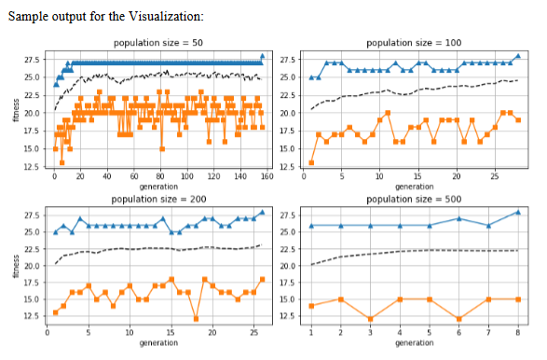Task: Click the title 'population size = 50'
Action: [x=159, y=43]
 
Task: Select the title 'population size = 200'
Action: [x=159, y=199]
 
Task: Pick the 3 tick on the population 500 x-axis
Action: [x=370, y=331]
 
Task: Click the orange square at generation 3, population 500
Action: [x=370, y=319]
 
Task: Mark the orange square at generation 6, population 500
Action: [x=458, y=319]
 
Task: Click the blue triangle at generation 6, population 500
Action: [x=458, y=218]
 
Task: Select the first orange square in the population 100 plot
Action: [x=311, y=163]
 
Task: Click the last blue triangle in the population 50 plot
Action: [x=263, y=56]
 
